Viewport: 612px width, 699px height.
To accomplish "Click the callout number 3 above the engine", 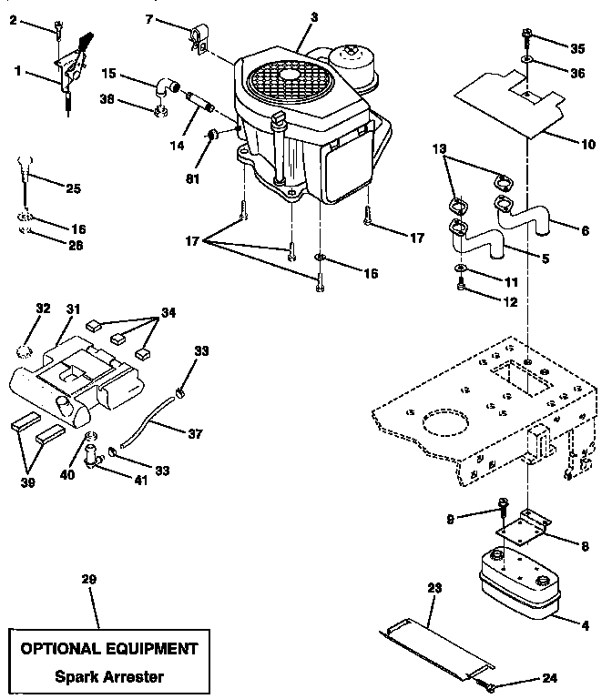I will [314, 16].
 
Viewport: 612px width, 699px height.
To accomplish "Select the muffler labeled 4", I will [515, 585].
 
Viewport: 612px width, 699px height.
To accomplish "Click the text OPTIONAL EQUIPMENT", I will [108, 649].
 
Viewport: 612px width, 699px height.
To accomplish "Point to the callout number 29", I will [88, 579].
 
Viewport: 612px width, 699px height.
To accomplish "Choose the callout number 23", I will [433, 589].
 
